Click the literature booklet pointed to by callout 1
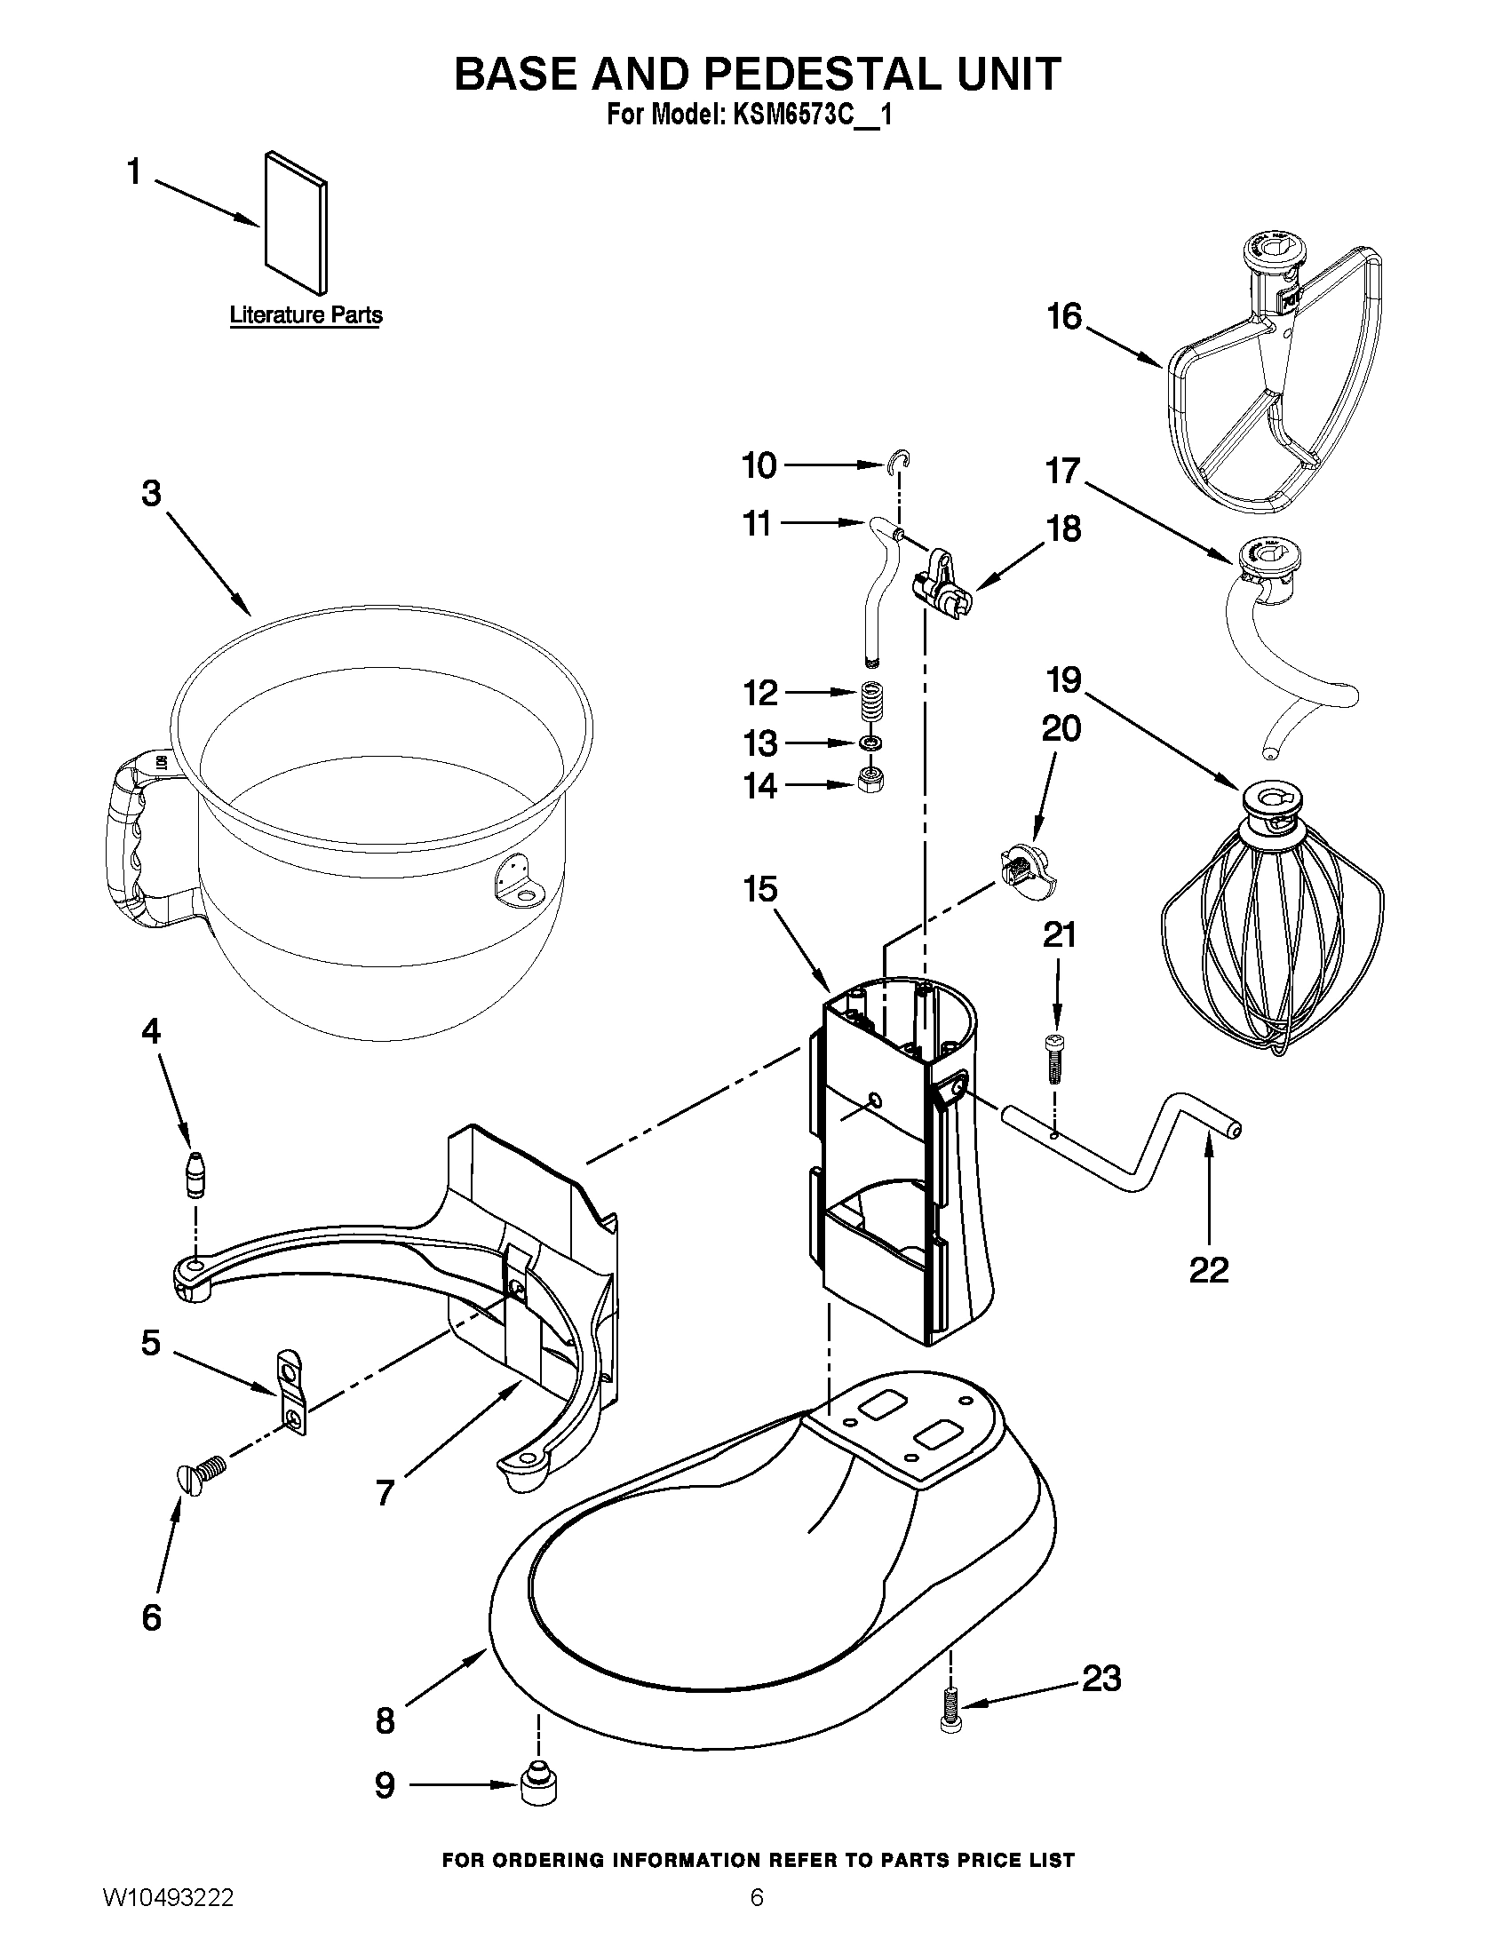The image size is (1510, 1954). tap(296, 223)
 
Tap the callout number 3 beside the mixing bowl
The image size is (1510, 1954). tap(152, 493)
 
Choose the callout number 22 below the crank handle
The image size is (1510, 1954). tap(1209, 1270)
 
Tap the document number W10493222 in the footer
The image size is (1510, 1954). tap(169, 1921)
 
